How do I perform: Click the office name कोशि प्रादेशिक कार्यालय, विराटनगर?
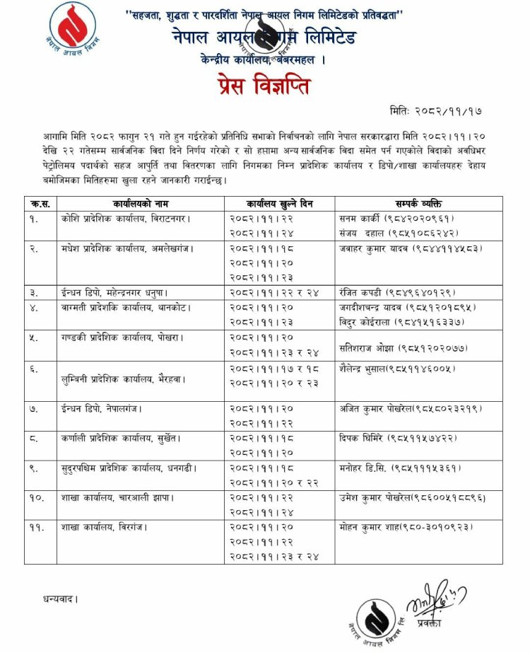(x=125, y=219)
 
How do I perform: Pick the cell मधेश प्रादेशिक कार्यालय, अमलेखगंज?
(x=127, y=248)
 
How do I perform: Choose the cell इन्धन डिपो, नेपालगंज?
(x=102, y=409)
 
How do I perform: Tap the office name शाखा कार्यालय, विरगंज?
(x=105, y=527)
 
